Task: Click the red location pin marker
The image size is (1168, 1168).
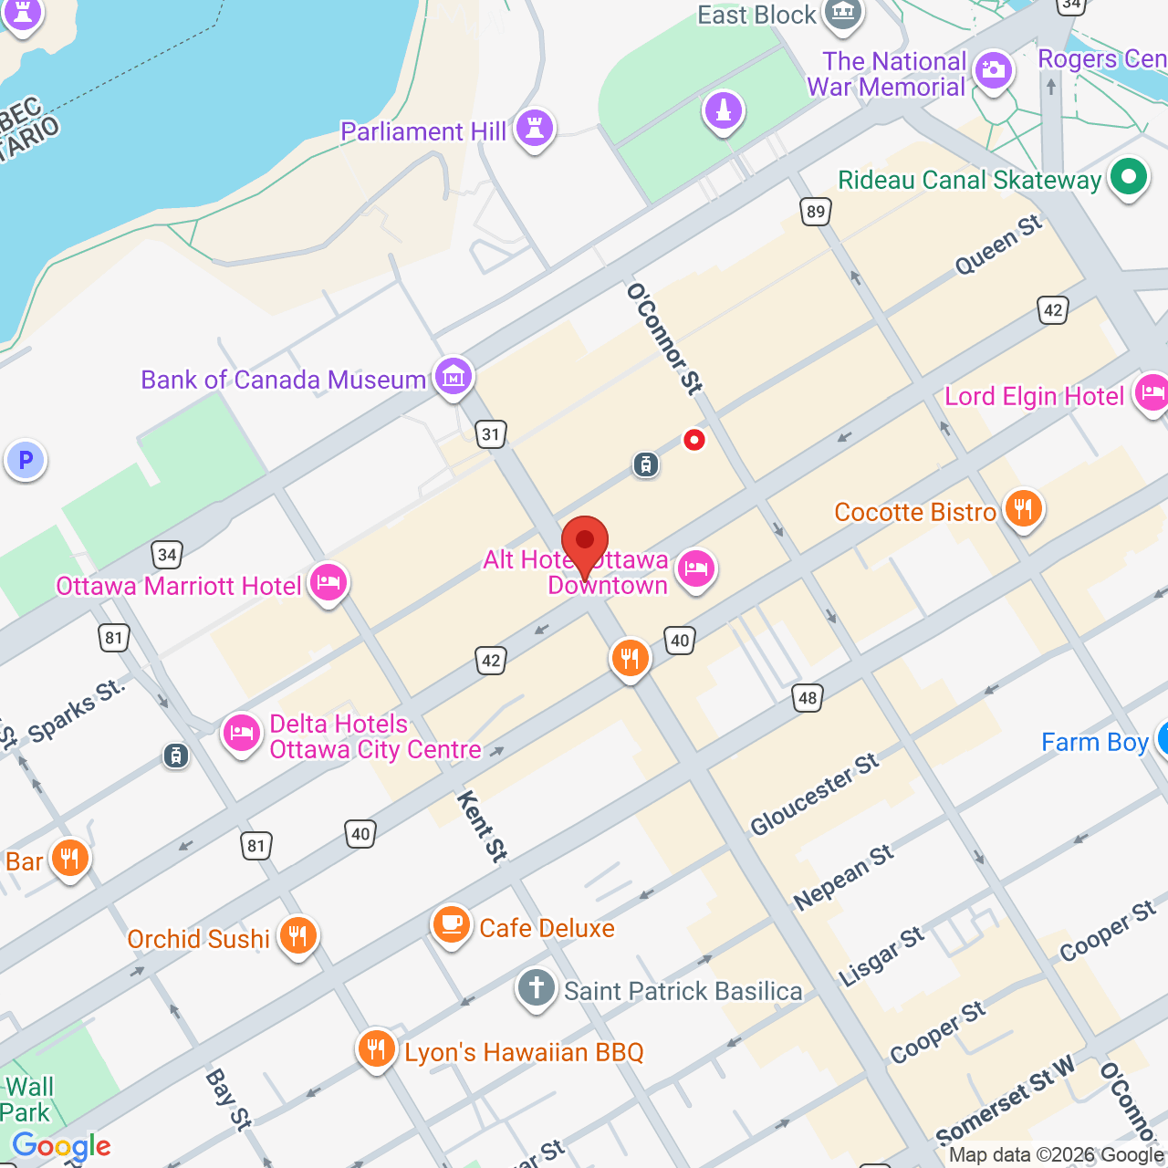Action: [585, 544]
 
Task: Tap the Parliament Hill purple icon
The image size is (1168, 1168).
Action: [535, 129]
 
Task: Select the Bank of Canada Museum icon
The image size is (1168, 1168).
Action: [454, 376]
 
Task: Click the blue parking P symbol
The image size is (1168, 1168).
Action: [26, 460]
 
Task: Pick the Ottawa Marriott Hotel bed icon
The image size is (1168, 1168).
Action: [328, 582]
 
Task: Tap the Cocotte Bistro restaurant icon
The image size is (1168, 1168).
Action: [1023, 509]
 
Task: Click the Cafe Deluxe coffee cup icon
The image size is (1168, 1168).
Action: [451, 925]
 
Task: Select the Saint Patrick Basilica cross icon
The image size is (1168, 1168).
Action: [537, 987]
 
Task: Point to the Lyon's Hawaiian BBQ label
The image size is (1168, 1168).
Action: [524, 1052]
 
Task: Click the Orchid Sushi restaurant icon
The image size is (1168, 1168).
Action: [298, 935]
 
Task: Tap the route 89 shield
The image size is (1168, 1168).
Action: [816, 212]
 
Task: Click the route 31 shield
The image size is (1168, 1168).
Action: [491, 434]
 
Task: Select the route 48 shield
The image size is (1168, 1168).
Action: [808, 699]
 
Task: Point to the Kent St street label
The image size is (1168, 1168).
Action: [482, 827]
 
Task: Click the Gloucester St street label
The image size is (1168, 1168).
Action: [814, 794]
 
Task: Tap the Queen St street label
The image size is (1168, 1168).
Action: [998, 245]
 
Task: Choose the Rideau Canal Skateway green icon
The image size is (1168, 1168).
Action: [1129, 177]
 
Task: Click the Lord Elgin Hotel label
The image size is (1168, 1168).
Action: [1034, 396]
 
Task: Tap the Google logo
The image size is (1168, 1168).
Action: [62, 1146]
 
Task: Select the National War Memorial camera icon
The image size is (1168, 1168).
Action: [993, 70]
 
